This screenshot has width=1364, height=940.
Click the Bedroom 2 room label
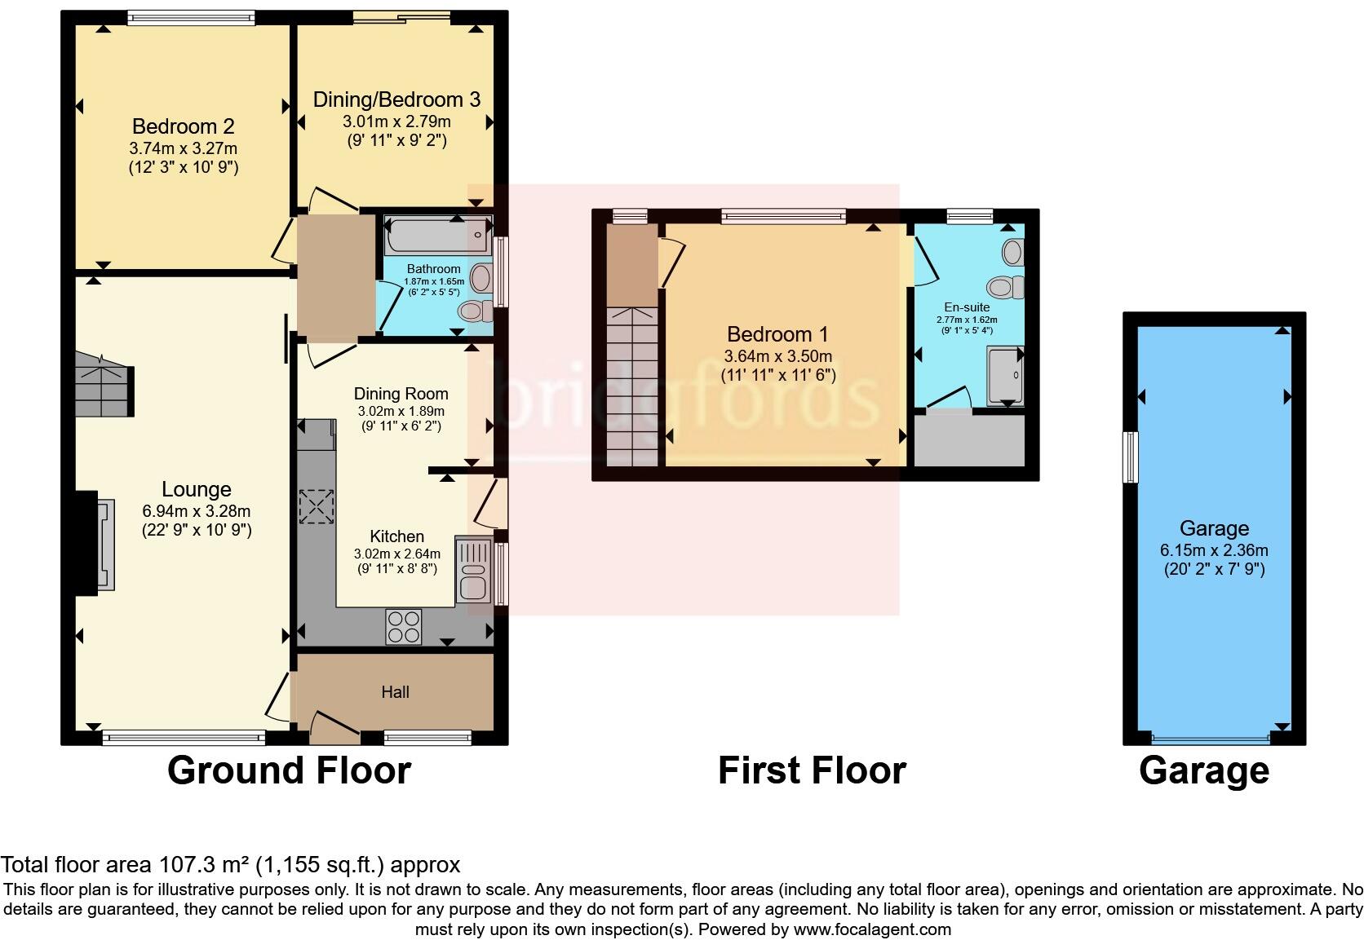[x=184, y=126]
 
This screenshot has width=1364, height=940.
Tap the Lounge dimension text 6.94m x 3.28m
[x=196, y=511]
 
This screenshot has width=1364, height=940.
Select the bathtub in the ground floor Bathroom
[x=438, y=235]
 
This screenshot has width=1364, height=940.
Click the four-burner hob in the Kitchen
[x=404, y=627]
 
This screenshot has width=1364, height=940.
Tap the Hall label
[x=395, y=692]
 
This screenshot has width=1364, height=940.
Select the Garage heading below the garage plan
[x=1204, y=771]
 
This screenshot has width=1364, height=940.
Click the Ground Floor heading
[x=290, y=770]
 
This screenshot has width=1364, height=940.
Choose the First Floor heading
[x=813, y=770]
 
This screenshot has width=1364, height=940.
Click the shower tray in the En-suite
[x=1005, y=376]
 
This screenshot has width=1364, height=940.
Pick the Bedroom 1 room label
[x=777, y=334]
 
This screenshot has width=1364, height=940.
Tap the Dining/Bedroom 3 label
[x=397, y=99]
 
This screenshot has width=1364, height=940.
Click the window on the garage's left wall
[x=1130, y=457]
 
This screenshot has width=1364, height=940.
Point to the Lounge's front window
[x=184, y=737]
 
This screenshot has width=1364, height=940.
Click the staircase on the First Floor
[x=632, y=386]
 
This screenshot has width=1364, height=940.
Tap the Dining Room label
[x=401, y=395]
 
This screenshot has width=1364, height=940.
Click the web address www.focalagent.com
[x=872, y=929]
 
